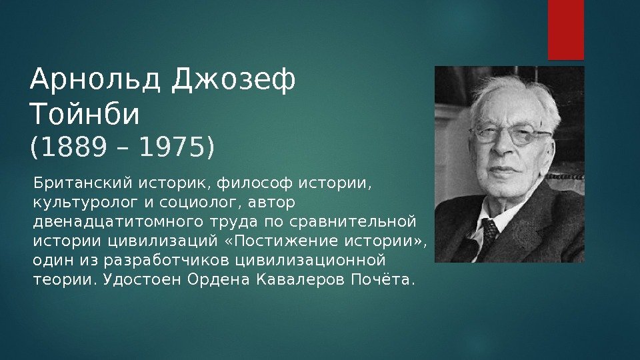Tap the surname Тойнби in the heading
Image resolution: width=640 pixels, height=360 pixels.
pyautogui.click(x=85, y=115)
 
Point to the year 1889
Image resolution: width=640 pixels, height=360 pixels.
pyautogui.click(x=73, y=148)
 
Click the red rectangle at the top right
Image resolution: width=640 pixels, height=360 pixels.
pyautogui.click(x=566, y=29)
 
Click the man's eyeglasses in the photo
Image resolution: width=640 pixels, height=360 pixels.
pyautogui.click(x=511, y=135)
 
